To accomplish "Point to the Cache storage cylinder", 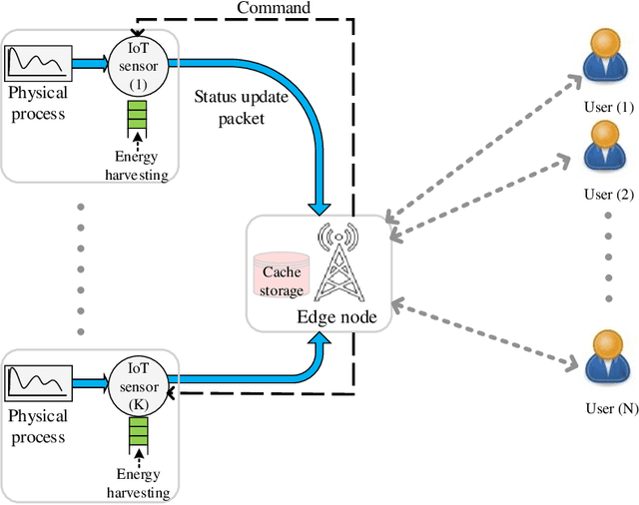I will coord(282,272).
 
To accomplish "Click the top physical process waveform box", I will coord(38,63).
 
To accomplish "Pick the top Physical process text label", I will coord(38,102).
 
